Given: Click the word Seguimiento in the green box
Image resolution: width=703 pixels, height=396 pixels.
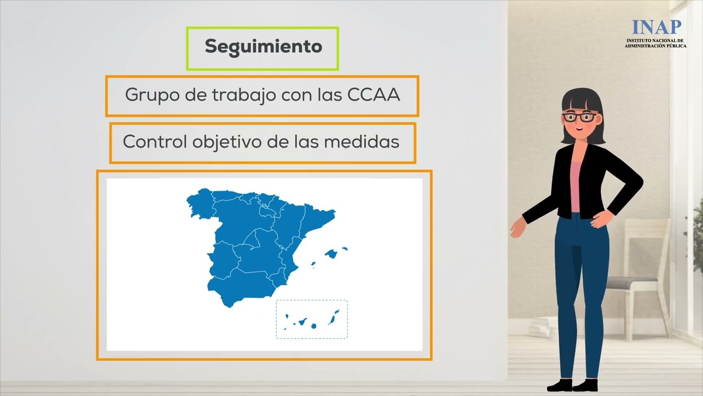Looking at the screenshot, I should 263,47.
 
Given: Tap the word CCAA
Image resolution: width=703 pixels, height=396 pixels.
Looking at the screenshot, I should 373,95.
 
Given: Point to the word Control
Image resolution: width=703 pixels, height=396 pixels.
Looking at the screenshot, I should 155,141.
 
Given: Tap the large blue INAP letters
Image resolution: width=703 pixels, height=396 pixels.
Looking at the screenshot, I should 656,27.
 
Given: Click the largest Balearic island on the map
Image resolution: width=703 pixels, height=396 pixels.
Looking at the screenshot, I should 331,254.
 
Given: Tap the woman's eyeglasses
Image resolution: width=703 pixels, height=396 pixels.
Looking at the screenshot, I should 580,117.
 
